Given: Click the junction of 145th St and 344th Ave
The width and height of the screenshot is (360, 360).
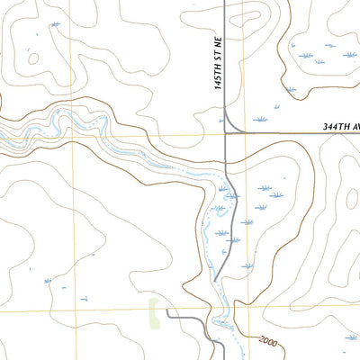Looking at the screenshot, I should (225, 133).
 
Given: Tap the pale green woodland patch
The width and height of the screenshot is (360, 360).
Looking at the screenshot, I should (154, 310).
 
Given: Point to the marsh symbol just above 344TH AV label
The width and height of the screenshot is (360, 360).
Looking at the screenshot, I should (260, 119).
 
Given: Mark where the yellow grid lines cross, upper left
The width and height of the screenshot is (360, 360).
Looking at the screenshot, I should (76, 135).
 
